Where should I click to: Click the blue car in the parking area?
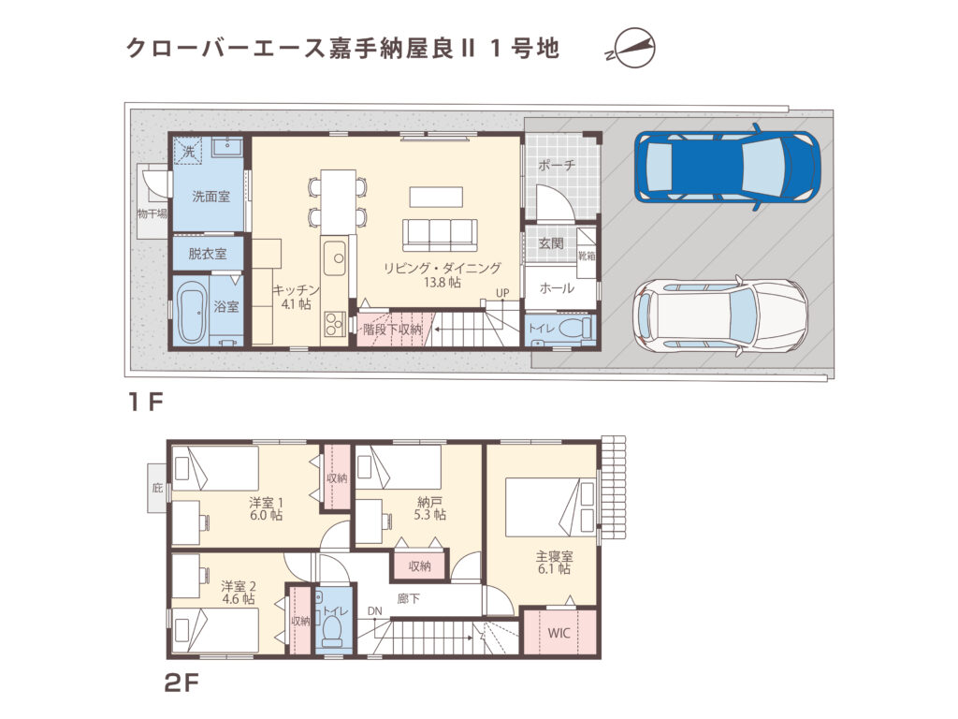[x=726, y=166]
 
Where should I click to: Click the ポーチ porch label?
[x=556, y=165]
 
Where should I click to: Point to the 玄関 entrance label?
[x=551, y=243]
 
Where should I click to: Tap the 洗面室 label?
[x=211, y=197]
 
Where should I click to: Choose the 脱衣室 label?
[x=207, y=254]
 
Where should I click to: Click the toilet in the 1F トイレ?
[x=581, y=328]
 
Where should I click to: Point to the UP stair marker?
[x=502, y=293]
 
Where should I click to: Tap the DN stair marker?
[x=375, y=611]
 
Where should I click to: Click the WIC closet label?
[x=559, y=632]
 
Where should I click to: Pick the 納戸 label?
[x=430, y=501]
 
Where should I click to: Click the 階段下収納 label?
[x=393, y=330]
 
